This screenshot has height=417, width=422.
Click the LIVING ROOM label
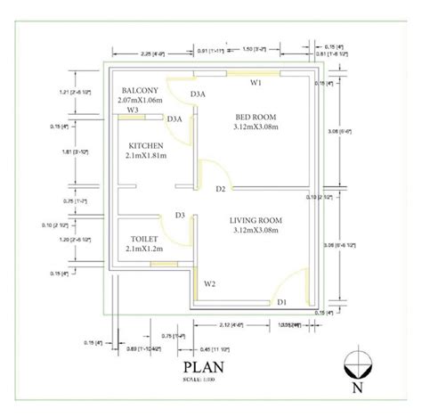tap(255, 220)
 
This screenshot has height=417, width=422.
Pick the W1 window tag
tap(255, 83)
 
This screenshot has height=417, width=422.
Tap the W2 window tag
tap(209, 284)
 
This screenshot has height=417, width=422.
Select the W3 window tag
tap(132, 111)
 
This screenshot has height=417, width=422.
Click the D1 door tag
tap(281, 303)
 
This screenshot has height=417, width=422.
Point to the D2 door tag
tap(219, 189)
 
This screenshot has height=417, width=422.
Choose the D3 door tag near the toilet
tap(179, 215)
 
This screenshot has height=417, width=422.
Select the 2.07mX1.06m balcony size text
tap(141, 101)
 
